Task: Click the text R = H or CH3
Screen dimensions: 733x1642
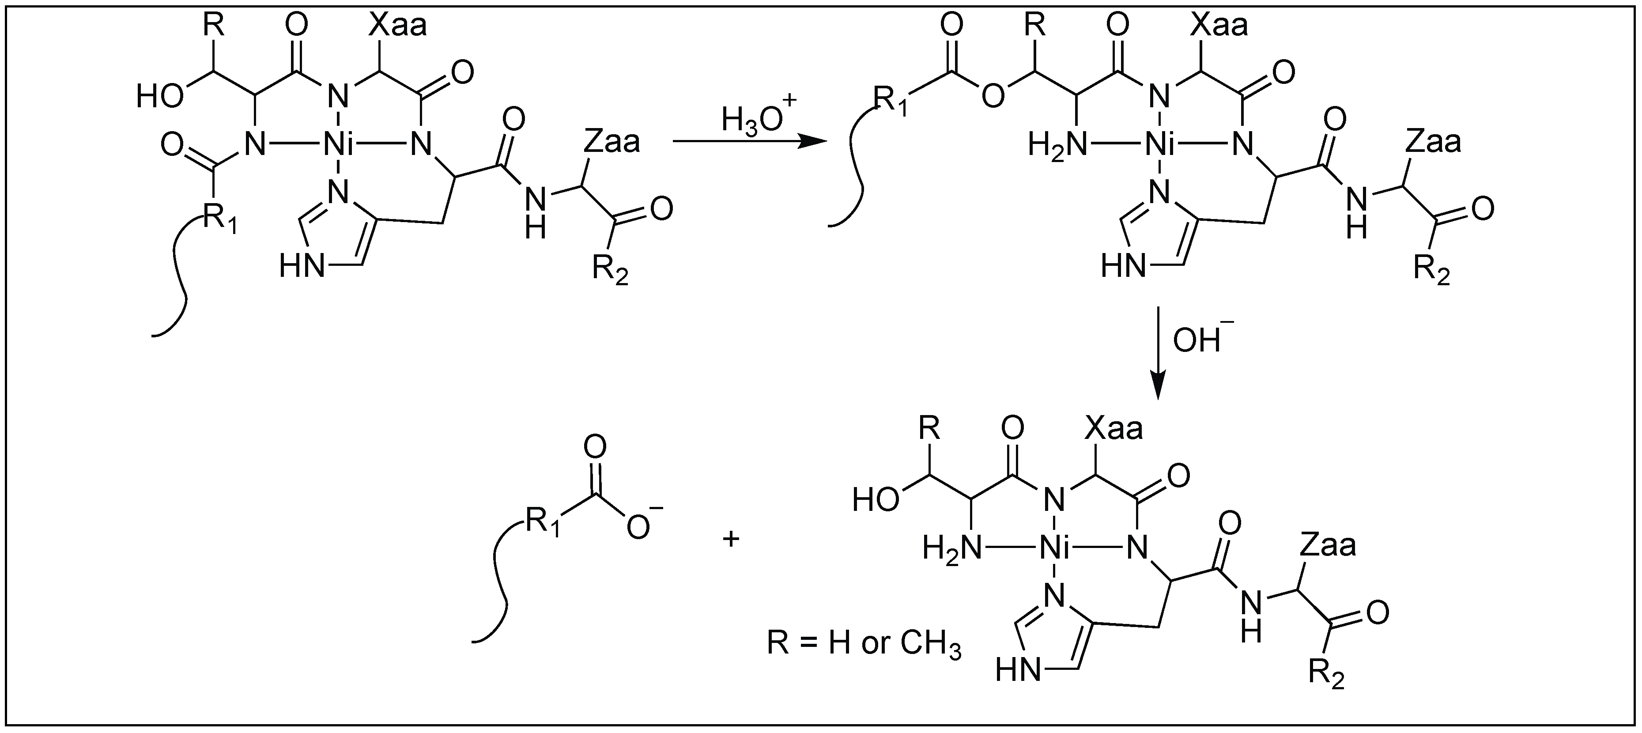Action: [864, 644]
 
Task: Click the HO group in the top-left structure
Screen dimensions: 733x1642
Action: [160, 98]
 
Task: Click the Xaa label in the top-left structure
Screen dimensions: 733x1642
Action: [398, 26]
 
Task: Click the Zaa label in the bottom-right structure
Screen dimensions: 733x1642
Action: [1329, 546]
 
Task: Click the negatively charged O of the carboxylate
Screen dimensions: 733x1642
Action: [639, 526]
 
